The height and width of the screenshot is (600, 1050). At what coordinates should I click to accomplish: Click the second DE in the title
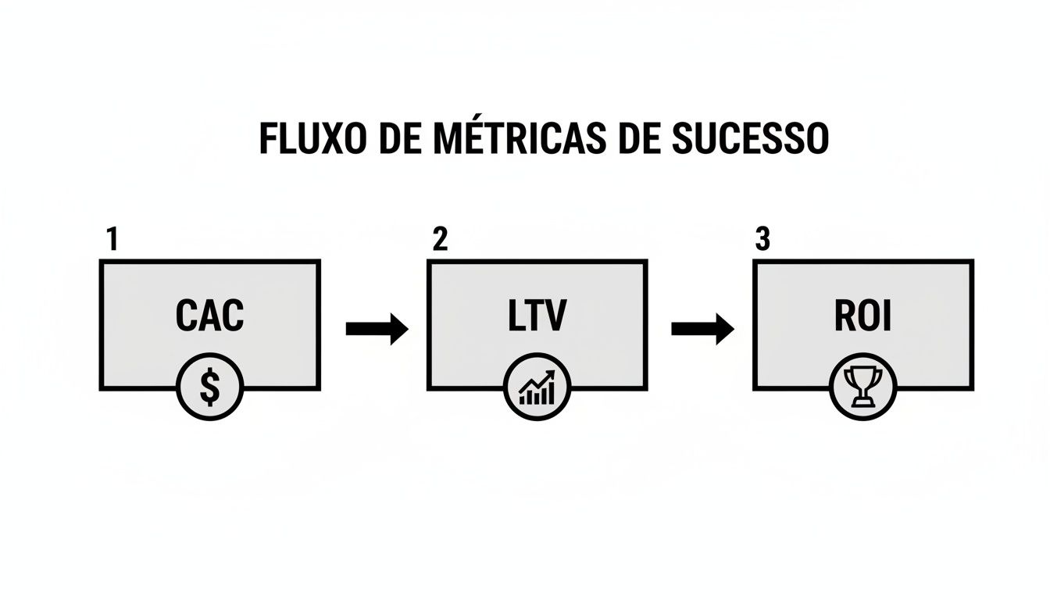tap(630, 139)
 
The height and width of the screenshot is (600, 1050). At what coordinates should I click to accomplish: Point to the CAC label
tap(209, 316)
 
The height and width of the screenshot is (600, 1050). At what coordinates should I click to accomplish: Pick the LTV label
tap(536, 316)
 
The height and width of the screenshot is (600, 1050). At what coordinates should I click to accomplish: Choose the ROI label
tap(862, 316)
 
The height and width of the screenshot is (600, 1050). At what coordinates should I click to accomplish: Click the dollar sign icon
tap(209, 388)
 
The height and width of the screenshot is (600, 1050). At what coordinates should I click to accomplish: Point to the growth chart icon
tap(537, 388)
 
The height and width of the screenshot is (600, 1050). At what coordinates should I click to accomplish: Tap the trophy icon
tap(862, 388)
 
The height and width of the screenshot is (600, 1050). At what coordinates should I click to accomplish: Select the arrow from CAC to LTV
tap(377, 329)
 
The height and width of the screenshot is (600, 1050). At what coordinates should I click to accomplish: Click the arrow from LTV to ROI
tap(702, 329)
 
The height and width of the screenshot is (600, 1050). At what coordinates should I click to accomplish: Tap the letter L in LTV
tap(512, 316)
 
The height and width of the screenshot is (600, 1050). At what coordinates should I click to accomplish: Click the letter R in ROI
tap(845, 316)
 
